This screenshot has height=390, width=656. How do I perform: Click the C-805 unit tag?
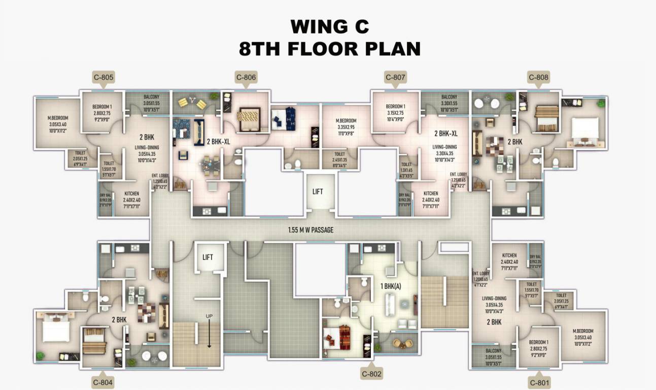click(103, 78)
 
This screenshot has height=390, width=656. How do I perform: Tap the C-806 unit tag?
click(246, 78)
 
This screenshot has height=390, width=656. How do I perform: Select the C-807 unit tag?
click(395, 78)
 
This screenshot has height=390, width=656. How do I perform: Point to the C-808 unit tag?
click(538, 78)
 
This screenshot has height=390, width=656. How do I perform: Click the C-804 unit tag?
click(103, 382)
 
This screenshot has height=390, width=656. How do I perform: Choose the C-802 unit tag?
click(371, 374)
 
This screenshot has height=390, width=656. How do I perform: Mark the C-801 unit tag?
click(539, 382)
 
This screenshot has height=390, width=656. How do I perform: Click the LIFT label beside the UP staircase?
click(208, 257)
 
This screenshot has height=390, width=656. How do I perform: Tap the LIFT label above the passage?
click(318, 191)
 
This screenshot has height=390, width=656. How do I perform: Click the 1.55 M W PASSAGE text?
click(310, 230)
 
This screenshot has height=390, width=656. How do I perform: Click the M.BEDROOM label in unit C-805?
click(57, 118)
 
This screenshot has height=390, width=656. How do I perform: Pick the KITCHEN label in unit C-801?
click(509, 255)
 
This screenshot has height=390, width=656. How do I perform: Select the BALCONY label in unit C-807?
click(448, 97)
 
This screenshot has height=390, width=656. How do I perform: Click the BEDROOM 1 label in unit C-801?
click(538, 342)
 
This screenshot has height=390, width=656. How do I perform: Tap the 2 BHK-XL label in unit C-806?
click(218, 142)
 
